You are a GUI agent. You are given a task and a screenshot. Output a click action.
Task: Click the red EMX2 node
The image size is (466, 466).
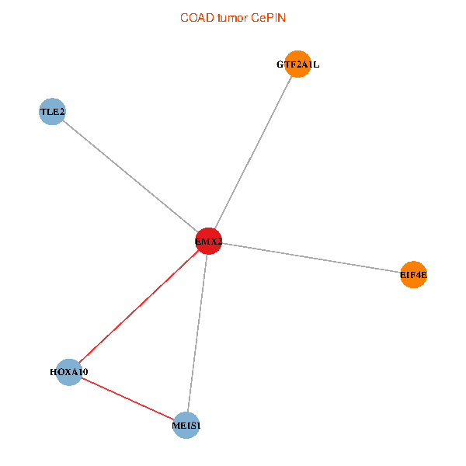click(x=208, y=241)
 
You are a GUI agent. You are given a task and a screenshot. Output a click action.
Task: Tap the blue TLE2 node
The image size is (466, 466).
click(x=52, y=112)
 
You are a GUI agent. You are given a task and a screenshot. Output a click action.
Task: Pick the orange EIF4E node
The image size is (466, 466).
click(x=414, y=274)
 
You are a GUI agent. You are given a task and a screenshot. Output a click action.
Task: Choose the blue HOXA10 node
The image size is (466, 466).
click(x=69, y=372)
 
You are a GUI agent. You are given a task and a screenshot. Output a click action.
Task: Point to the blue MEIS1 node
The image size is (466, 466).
click(x=186, y=425)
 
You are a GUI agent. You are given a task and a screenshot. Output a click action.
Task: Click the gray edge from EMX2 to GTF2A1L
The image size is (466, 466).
click(x=253, y=152)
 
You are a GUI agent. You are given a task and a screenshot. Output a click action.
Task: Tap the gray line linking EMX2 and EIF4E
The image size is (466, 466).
click(x=311, y=257)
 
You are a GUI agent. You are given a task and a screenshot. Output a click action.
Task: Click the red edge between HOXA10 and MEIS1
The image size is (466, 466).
click(x=128, y=398)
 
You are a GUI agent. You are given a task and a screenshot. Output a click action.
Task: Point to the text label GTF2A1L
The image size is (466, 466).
click(x=297, y=64)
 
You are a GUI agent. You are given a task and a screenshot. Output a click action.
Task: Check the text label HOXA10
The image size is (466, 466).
click(x=69, y=372)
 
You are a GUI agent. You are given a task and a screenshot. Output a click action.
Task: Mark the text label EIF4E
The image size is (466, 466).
click(x=414, y=274)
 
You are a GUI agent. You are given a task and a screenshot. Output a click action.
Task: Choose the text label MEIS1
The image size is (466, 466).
click(x=186, y=425)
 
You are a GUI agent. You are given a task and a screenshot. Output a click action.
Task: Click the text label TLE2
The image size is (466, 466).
click(x=52, y=112)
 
